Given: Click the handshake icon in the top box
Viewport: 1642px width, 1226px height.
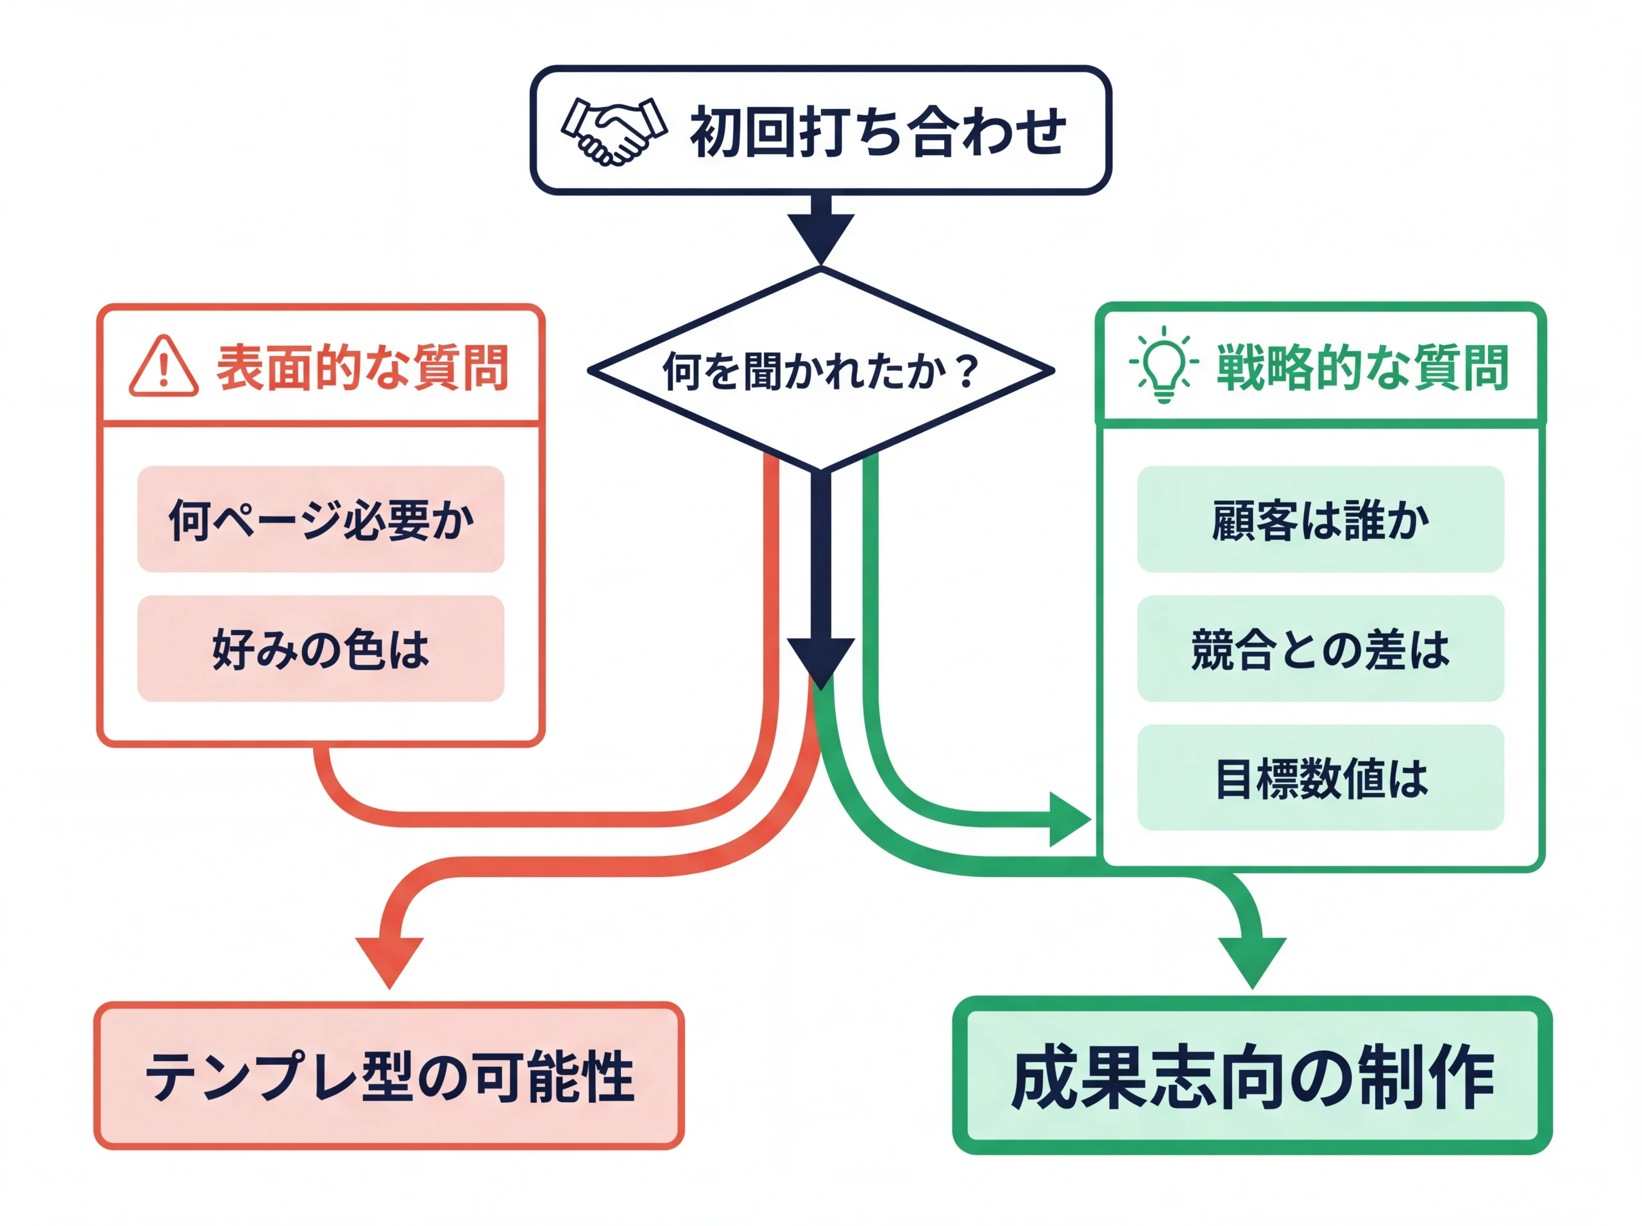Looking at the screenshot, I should pos(614,132).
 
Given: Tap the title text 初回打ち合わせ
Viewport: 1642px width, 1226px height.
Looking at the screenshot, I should pos(877,132).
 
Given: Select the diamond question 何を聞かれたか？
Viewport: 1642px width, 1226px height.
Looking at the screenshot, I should pos(820,370).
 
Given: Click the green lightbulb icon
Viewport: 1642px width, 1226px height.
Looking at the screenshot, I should pos(1164,364).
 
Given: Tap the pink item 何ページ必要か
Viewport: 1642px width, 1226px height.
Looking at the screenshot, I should pos(321,520).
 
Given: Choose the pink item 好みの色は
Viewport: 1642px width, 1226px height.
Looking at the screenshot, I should pos(321,649).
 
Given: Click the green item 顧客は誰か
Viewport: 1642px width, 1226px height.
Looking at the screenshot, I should pos(1320,520).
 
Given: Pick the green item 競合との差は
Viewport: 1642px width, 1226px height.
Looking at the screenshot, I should pos(1320,649).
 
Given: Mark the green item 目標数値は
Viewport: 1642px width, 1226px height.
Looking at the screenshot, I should pos(1320,778).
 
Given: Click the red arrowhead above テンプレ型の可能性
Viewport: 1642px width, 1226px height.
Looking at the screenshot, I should pos(389,958).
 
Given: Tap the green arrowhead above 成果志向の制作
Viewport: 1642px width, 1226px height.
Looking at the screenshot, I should pos(1252,958).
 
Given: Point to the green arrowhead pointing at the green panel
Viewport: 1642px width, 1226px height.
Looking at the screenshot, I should pos(1067,819).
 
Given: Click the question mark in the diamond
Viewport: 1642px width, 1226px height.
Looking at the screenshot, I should pos(967,371).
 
